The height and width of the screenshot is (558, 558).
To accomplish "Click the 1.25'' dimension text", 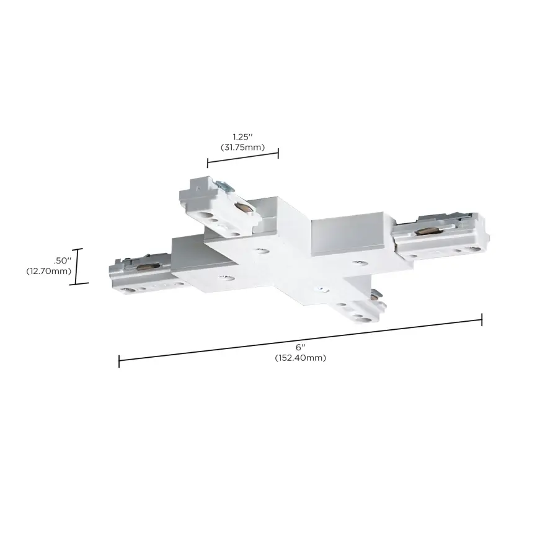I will pos(242,136).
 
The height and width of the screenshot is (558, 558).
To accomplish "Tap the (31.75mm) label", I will pos(242,147).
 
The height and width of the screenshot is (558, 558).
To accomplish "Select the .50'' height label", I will pos(64,260).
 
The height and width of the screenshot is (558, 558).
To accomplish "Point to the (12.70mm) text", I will pos(49,271).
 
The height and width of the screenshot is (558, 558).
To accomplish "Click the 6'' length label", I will pos(301,348).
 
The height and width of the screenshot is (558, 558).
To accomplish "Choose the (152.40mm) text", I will pos(301,358).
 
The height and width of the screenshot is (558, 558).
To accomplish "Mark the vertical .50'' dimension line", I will pos(79,266).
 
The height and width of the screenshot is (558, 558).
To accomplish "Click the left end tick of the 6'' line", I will pos(119,360).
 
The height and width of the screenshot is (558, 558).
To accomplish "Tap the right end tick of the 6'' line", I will pos(482,319).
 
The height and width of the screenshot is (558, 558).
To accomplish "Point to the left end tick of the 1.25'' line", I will pos(208,163).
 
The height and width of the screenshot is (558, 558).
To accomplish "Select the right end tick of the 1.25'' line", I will pos(278,153).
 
